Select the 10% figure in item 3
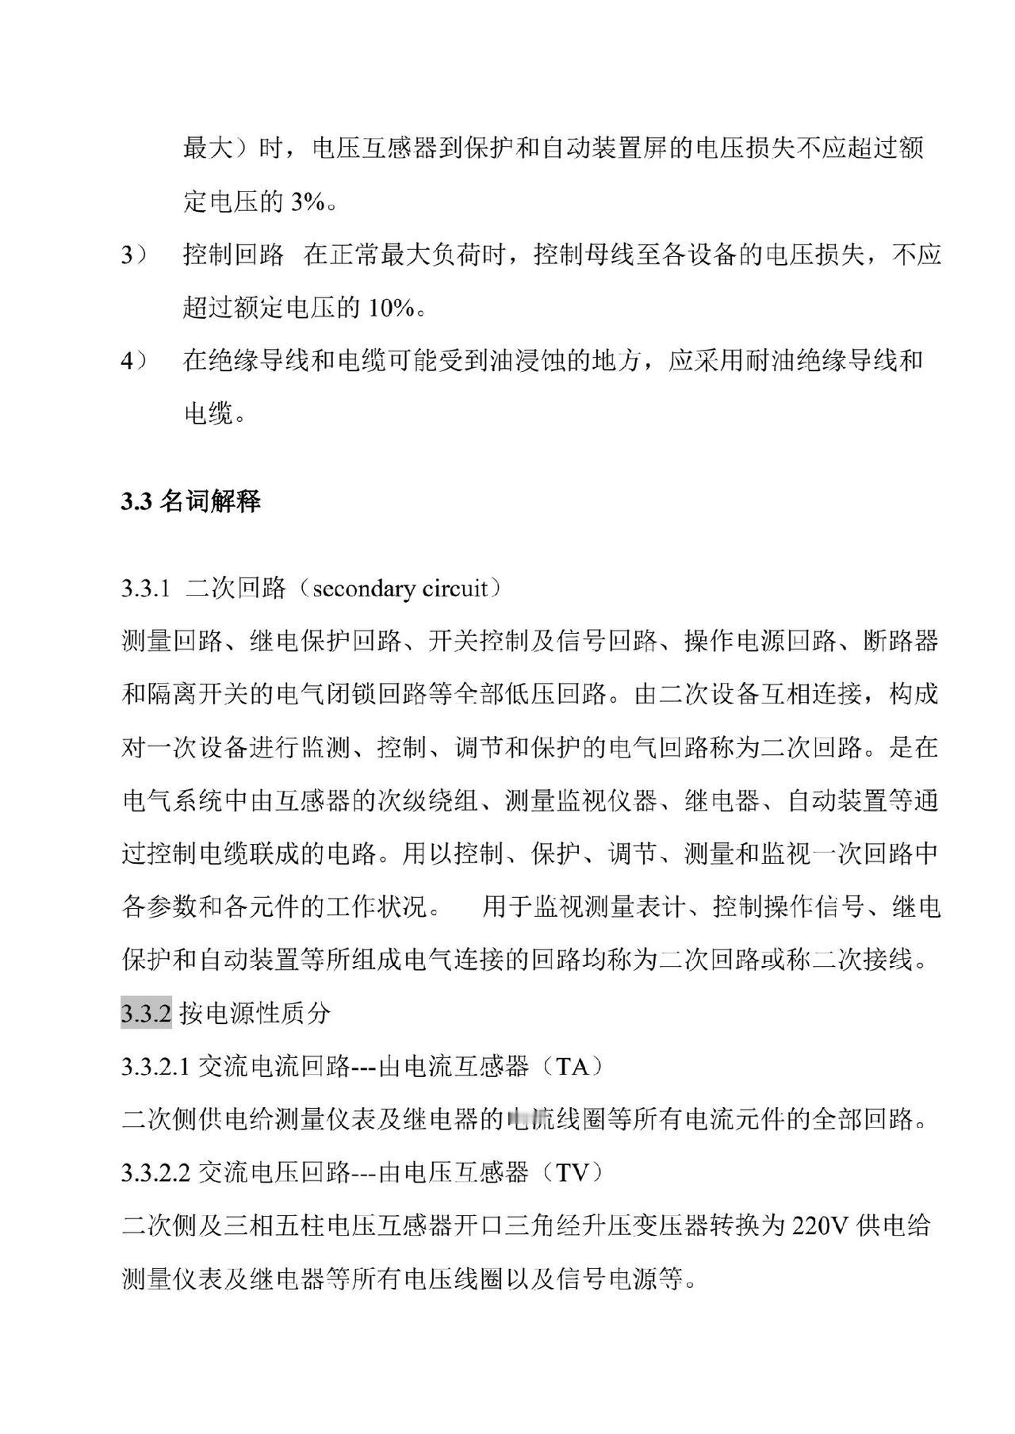point(389,308)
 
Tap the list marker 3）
point(134,255)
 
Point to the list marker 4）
point(134,361)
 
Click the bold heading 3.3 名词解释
point(191,501)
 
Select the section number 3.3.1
point(146,589)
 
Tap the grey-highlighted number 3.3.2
point(146,1014)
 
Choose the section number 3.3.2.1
point(155,1067)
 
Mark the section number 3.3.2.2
point(155,1172)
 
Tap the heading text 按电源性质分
point(255,1014)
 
